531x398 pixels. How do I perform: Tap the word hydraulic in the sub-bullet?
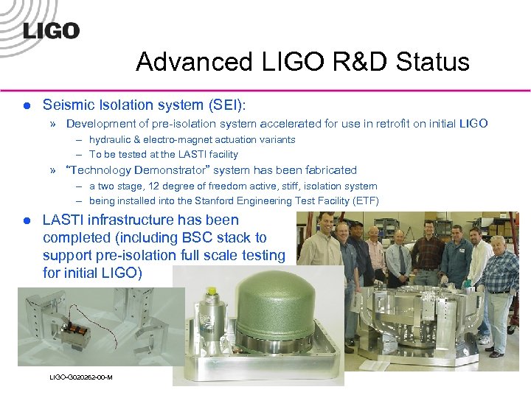pos(112,140)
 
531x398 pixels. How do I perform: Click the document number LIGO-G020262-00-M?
pos(80,377)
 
